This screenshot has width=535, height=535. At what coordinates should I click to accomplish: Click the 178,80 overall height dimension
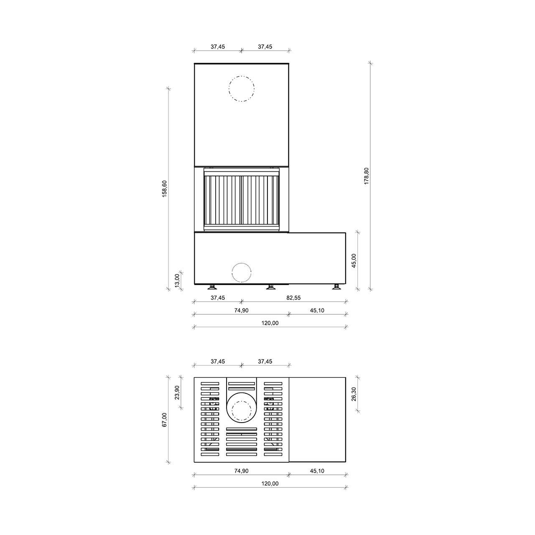click(x=366, y=176)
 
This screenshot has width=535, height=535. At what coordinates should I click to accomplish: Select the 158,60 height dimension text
click(x=165, y=189)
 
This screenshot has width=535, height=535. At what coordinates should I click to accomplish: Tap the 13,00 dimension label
click(x=177, y=281)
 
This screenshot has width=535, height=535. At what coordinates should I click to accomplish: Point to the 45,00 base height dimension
click(x=354, y=261)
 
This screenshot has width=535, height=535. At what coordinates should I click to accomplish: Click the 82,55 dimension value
click(x=293, y=298)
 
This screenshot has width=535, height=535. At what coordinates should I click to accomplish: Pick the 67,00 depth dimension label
click(x=165, y=420)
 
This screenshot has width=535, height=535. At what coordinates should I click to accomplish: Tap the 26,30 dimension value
click(x=354, y=394)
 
